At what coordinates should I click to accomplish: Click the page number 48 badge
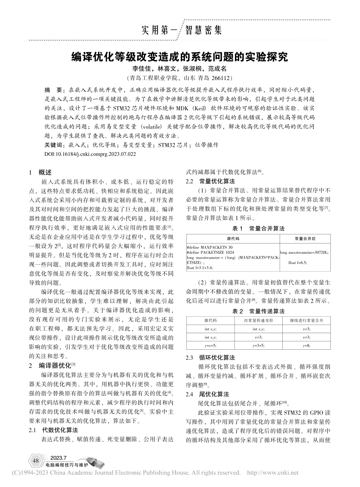tap(36, 461)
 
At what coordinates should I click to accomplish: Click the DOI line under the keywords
tap(90, 154)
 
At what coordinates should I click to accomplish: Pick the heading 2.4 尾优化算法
tap(207, 394)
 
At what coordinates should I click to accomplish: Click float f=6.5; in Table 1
tap(298, 262)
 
